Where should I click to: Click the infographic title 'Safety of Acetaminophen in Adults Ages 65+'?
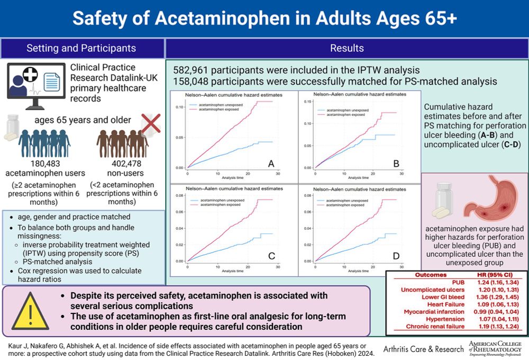pos(264,19)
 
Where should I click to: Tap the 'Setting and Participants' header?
pos(81,48)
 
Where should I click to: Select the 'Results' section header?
pos(346,48)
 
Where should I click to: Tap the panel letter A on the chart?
pos(271,164)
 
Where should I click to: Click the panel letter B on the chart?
pos(396,164)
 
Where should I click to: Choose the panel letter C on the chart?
pos(271,257)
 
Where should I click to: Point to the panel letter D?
pos(396,257)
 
